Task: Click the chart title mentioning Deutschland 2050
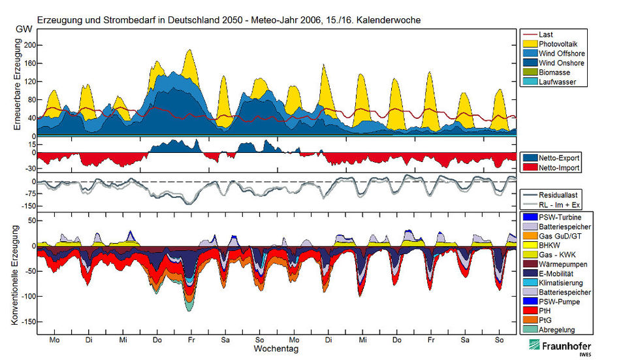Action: pos(229,20)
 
